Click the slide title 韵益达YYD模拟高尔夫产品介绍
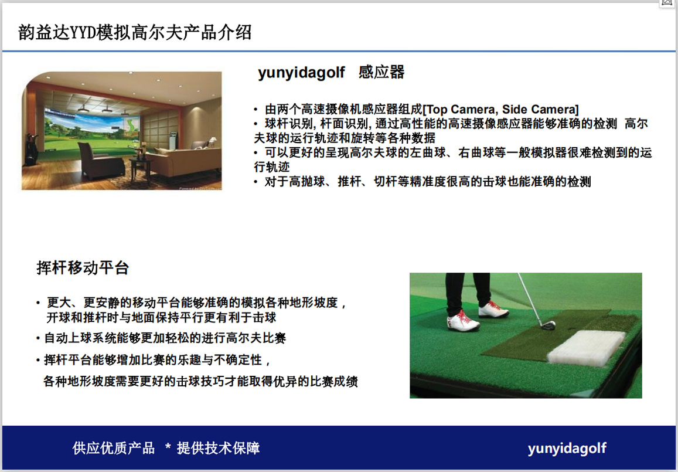click(134, 32)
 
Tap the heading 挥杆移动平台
click(83, 268)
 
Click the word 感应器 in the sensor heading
click(381, 72)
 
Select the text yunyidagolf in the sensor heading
click(301, 73)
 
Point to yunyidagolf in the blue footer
click(567, 449)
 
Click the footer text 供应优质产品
click(114, 448)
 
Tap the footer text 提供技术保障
click(218, 448)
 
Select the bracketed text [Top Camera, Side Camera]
click(500, 109)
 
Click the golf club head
click(548, 325)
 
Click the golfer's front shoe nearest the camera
click(463, 321)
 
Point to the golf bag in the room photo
click(31, 150)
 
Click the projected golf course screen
click(92, 130)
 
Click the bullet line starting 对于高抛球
click(423, 181)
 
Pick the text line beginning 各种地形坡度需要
click(200, 381)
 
